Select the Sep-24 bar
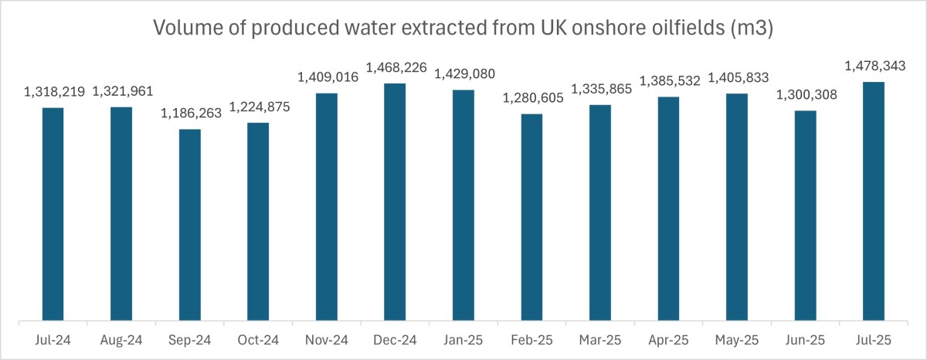[x=190, y=225]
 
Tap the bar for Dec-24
[x=395, y=202]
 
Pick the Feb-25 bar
[x=531, y=217]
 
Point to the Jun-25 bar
[x=805, y=216]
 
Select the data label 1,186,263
[x=190, y=114]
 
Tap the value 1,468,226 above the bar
[x=395, y=68]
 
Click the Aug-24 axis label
[x=121, y=339]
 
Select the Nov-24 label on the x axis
[x=327, y=339]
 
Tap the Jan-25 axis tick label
[x=463, y=339]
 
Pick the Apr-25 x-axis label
[x=668, y=339]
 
